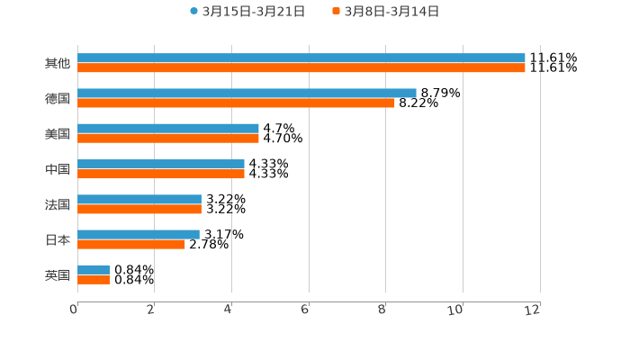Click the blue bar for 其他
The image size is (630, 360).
(301, 58)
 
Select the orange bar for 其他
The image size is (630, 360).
(301, 67)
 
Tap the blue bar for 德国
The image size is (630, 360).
(247, 93)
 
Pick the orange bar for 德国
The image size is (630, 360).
(236, 103)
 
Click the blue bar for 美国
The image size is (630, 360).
(168, 129)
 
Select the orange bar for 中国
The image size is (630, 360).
(161, 174)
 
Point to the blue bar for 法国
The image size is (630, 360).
(139, 199)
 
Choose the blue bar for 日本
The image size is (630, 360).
(139, 234)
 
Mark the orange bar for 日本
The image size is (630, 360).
(131, 244)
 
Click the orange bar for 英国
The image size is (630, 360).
(94, 280)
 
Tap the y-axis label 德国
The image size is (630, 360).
(58, 98)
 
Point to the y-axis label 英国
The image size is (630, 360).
(58, 274)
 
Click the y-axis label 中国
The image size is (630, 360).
(58, 169)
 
